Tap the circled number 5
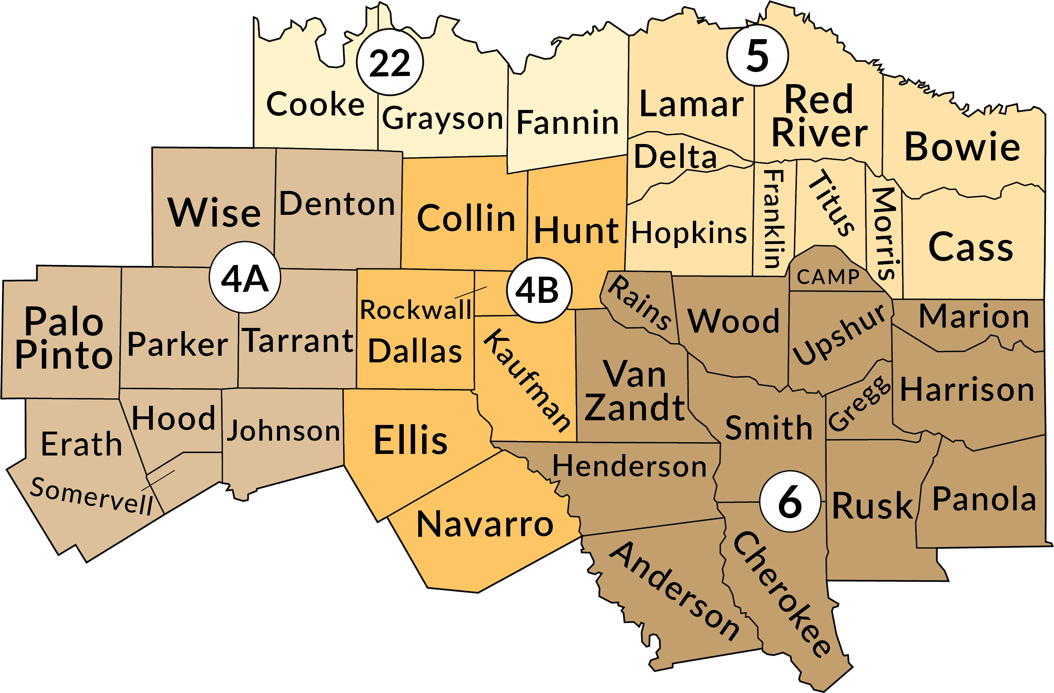[x=757, y=55]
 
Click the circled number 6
[x=790, y=502]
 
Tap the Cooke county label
[x=315, y=104]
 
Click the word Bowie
[x=962, y=147]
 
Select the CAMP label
[x=828, y=277]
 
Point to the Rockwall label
[x=415, y=310]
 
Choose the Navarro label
[x=485, y=524]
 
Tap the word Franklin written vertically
[x=775, y=219]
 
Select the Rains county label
[x=639, y=302]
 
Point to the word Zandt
[x=634, y=407]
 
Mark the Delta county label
[x=675, y=157]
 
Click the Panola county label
[x=984, y=499]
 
